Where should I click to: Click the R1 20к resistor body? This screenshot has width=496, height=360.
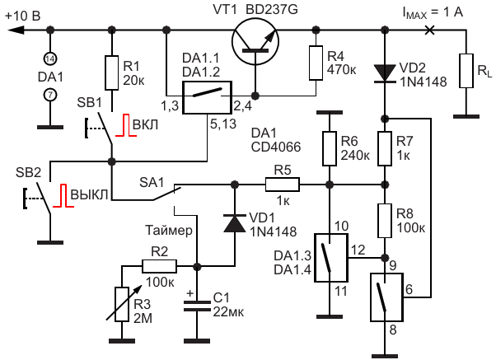(x=112, y=72)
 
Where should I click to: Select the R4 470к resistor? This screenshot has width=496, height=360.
(x=316, y=63)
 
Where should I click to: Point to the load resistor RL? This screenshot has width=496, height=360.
(x=466, y=71)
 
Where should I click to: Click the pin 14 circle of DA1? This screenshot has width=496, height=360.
(x=50, y=58)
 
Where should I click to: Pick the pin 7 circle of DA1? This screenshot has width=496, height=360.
(x=50, y=95)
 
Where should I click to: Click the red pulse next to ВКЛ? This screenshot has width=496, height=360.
(x=126, y=125)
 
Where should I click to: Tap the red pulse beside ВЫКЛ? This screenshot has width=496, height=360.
(x=63, y=195)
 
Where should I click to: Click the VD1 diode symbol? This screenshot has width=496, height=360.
(x=234, y=223)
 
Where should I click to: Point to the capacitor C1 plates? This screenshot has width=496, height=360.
(x=197, y=306)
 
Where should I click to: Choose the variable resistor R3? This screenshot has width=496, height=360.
(x=122, y=304)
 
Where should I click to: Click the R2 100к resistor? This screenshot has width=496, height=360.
(x=159, y=266)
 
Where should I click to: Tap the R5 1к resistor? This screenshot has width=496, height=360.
(x=282, y=185)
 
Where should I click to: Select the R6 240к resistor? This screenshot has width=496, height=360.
(x=330, y=148)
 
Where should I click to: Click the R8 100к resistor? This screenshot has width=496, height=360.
(x=385, y=221)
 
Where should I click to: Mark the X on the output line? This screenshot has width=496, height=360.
(x=429, y=30)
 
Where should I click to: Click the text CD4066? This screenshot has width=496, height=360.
(x=276, y=147)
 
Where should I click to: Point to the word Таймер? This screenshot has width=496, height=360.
(x=169, y=231)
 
